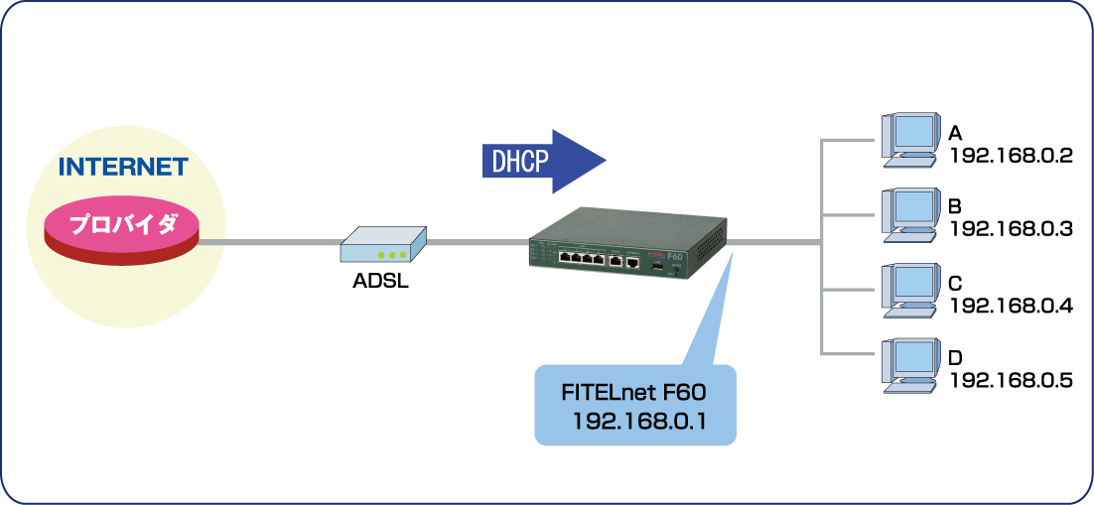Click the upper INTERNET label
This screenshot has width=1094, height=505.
click(123, 167)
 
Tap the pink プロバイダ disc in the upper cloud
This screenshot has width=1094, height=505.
click(123, 223)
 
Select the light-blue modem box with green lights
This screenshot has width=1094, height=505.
click(383, 244)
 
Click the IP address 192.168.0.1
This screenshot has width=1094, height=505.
click(638, 422)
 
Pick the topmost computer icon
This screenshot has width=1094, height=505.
click(909, 138)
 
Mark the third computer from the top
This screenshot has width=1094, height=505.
click(909, 289)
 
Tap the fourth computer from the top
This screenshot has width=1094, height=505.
click(909, 363)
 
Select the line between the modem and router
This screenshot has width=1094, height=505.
click(477, 242)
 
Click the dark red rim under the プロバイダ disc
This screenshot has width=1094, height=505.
click(123, 252)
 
